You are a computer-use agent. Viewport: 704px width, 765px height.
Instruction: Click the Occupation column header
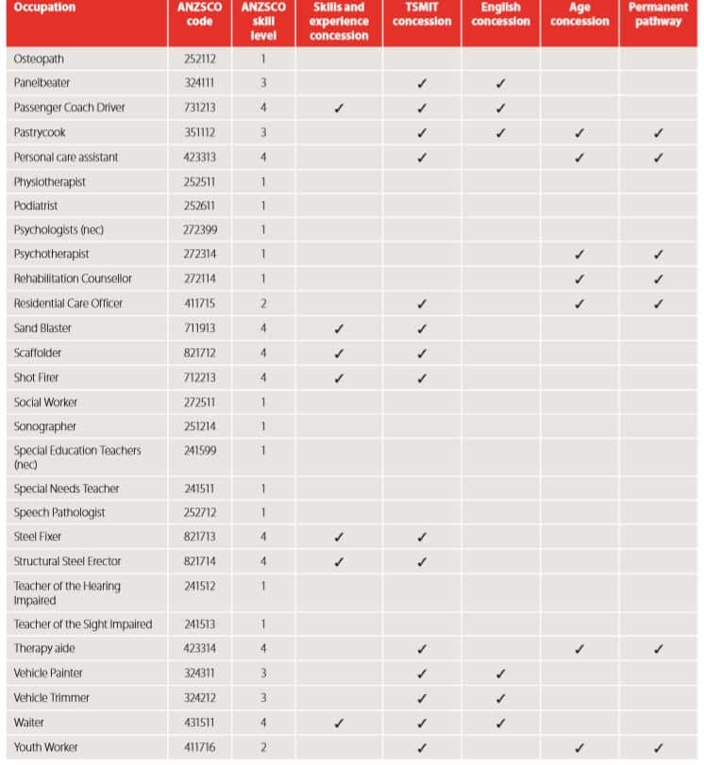(x=44, y=8)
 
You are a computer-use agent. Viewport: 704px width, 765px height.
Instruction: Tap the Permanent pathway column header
(x=658, y=14)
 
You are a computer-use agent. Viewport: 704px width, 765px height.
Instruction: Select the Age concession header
(x=579, y=14)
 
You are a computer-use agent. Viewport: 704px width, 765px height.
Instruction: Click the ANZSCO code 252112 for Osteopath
(x=199, y=58)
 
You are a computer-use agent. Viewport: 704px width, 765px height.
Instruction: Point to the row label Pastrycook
(x=40, y=132)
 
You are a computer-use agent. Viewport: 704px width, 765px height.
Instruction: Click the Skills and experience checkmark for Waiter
(x=339, y=723)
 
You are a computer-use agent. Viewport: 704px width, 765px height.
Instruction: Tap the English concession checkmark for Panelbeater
(x=500, y=83)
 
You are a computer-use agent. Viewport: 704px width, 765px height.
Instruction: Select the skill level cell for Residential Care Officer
(x=263, y=304)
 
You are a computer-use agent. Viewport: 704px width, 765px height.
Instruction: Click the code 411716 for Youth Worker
(x=199, y=747)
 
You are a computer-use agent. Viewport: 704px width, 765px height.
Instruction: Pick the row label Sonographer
(x=45, y=426)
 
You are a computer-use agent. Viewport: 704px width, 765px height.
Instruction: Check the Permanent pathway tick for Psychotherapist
(x=658, y=255)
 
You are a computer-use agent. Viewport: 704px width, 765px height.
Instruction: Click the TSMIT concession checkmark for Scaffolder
(x=422, y=353)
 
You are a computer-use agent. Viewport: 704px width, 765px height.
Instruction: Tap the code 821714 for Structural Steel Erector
(x=199, y=561)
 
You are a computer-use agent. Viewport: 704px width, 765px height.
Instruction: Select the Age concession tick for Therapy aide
(x=579, y=649)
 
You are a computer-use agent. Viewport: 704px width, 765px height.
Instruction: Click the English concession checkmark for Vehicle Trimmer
(x=500, y=698)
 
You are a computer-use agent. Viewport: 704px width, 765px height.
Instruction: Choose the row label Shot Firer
(x=36, y=377)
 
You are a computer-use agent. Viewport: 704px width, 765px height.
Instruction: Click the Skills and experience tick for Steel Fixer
(x=339, y=537)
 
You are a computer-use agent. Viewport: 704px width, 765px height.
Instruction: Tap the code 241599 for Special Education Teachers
(x=199, y=451)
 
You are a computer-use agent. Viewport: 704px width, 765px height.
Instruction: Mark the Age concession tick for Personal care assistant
(x=579, y=157)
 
